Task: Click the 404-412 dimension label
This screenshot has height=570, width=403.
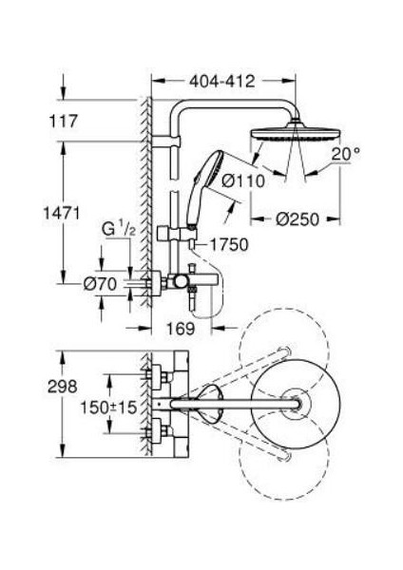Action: coord(221,82)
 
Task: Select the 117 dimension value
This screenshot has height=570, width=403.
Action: coord(64,121)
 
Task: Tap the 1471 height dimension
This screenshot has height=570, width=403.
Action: coord(62,213)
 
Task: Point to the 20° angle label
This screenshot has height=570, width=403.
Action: coord(345,155)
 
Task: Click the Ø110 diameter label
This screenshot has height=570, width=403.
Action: coord(243,180)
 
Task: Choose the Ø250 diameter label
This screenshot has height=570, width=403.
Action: coord(297,219)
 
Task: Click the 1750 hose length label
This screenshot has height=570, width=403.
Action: coord(229,245)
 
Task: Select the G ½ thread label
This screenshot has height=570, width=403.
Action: coord(118,230)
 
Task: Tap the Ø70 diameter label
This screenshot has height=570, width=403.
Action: coord(100,284)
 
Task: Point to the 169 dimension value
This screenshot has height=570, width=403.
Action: coord(181,329)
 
